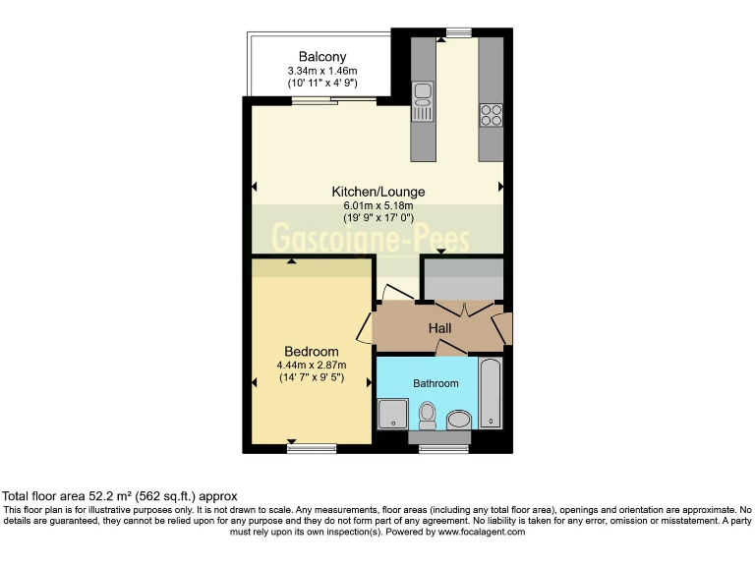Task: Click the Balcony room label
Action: click(323, 56)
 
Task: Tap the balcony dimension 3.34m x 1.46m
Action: click(323, 71)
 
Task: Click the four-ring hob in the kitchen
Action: click(491, 115)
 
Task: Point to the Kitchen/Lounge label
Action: click(378, 192)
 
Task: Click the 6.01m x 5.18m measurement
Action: click(378, 205)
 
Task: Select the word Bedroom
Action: click(312, 352)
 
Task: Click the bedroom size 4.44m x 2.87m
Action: click(311, 366)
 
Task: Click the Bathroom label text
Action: click(436, 383)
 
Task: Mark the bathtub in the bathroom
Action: click(491, 393)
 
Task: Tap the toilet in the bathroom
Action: click(428, 416)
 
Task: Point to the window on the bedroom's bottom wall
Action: click(312, 448)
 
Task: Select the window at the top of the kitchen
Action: click(457, 33)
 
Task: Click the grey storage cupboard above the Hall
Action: click(463, 278)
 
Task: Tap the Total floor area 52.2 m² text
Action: click(121, 497)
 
